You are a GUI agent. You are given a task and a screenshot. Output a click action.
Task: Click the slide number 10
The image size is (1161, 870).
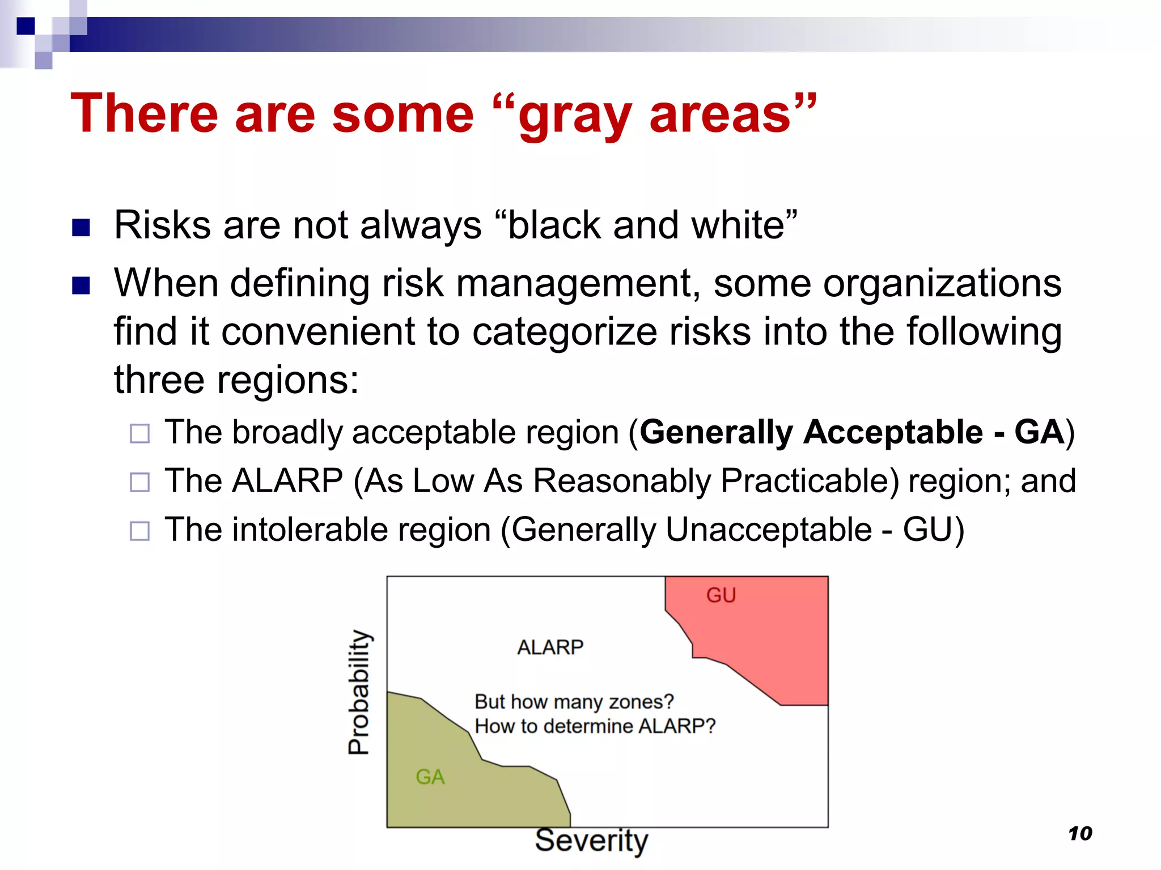coord(1080,833)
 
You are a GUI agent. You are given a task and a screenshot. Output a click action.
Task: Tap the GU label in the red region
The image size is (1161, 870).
coord(721,595)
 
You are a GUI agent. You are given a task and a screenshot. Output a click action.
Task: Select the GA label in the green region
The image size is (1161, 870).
coord(430,777)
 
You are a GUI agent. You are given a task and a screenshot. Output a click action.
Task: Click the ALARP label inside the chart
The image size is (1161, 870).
coord(550,647)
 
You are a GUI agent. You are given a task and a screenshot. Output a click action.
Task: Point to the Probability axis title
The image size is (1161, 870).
coord(358,692)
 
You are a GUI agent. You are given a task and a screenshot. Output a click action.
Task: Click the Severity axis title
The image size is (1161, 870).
coord(591,840)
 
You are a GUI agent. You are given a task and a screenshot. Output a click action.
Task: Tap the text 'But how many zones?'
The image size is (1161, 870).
coord(574,702)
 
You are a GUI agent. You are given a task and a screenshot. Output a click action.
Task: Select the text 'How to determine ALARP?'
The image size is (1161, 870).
coord(595,726)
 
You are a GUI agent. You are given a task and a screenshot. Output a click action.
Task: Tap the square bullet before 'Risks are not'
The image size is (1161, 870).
coord(81,228)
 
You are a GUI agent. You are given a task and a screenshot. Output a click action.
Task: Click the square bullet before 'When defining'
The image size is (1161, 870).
coord(81,286)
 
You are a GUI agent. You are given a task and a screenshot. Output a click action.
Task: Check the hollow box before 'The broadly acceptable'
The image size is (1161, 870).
coord(139,434)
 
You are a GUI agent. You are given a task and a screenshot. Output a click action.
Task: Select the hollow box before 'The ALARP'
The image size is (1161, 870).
coord(139,483)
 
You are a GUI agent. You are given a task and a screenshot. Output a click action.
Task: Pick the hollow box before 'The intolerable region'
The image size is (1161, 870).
coord(139,531)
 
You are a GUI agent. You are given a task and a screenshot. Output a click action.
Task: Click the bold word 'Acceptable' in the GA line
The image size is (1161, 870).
coord(893,433)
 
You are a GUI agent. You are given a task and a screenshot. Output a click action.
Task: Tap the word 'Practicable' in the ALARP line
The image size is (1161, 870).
coord(810,481)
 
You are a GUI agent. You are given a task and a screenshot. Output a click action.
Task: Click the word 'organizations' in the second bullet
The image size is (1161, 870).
coord(942,283)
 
